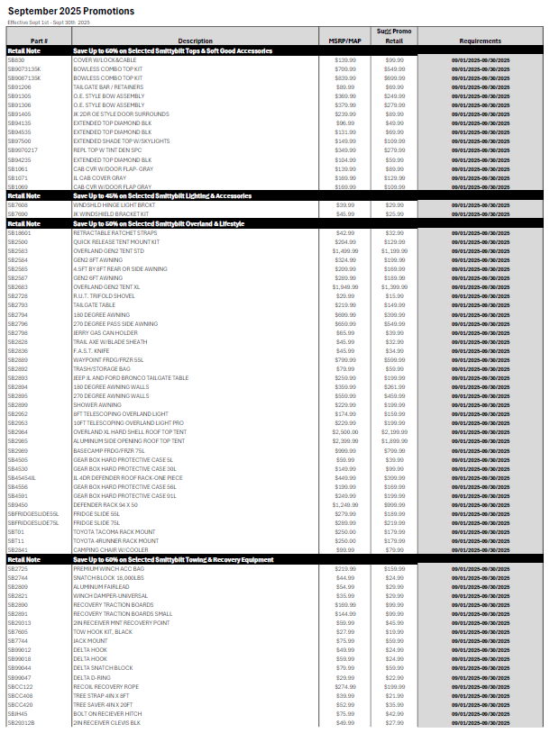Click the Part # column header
point(39,41)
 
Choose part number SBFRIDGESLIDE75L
point(33,522)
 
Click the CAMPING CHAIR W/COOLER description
point(110,549)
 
